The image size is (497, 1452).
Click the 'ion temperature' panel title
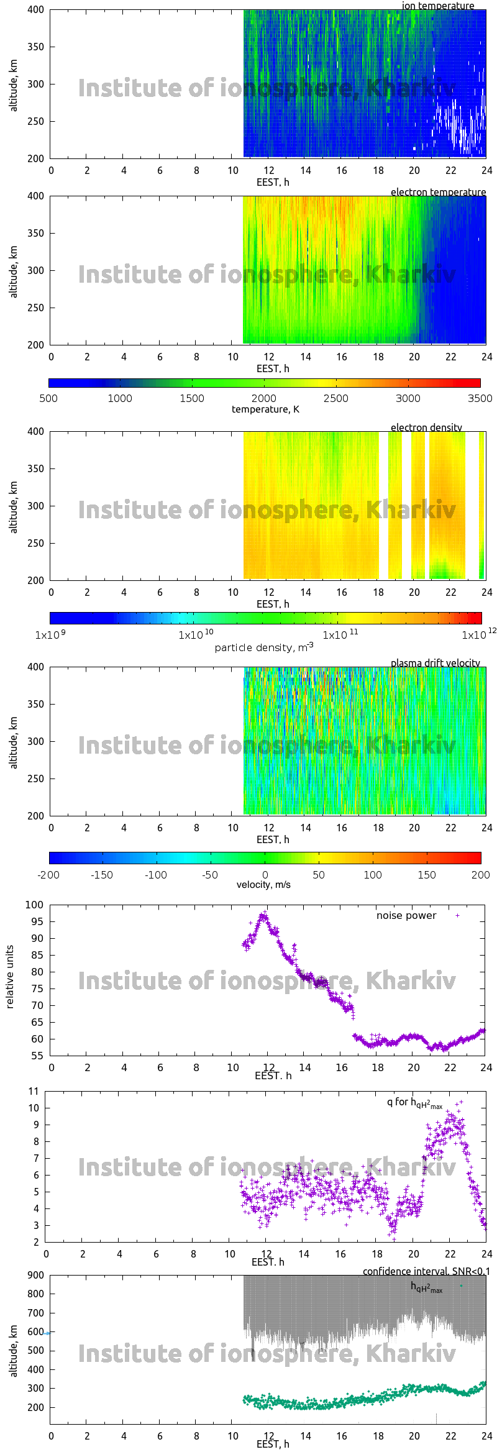(x=437, y=6)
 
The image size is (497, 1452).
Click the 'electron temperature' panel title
(x=438, y=192)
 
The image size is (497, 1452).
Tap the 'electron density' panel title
(x=426, y=427)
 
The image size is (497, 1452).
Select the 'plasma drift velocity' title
(x=435, y=663)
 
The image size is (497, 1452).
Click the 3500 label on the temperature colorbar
(x=480, y=398)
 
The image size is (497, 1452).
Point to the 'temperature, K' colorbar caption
(x=265, y=409)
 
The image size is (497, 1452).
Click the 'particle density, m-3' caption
(x=264, y=647)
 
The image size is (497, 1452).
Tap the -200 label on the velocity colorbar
(x=48, y=875)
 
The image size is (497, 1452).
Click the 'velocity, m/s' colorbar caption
(x=263, y=885)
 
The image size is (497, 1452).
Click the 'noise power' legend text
(x=406, y=915)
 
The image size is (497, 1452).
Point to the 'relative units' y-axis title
(x=10, y=977)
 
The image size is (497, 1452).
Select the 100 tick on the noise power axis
(x=34, y=905)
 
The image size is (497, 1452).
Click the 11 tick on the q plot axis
(x=34, y=1091)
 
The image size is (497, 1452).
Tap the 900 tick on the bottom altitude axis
(x=35, y=1275)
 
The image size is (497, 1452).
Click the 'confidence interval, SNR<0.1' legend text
(x=426, y=1271)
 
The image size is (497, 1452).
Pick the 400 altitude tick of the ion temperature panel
(x=35, y=10)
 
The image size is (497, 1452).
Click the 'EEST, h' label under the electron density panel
(x=273, y=604)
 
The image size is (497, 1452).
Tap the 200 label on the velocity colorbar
(x=480, y=875)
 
